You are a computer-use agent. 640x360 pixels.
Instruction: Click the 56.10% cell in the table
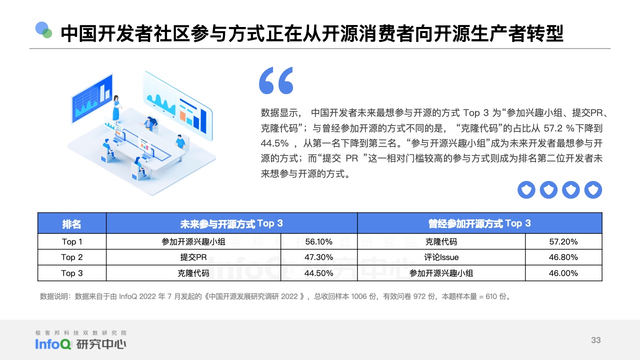point(318,241)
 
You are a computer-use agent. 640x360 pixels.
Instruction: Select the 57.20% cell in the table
point(563,241)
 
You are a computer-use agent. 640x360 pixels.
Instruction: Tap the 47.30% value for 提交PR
point(318,257)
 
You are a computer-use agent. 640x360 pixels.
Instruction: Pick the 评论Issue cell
point(441,257)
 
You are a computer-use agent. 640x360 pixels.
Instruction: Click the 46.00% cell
point(563,273)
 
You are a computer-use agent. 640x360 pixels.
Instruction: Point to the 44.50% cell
point(318,273)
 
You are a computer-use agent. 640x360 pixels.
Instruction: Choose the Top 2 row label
point(71,257)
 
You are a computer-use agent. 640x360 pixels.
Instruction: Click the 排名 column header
point(71,223)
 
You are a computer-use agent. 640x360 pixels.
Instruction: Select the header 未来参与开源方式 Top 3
point(231,223)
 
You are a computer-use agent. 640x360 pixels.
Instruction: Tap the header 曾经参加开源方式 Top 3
point(479,223)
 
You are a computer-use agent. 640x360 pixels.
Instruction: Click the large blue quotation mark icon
point(276,80)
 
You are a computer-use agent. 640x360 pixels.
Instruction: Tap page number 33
point(595,340)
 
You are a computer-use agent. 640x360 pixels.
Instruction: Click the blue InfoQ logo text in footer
point(53,344)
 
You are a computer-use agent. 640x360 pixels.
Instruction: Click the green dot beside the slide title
point(47,33)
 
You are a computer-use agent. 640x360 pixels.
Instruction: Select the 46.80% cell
point(563,257)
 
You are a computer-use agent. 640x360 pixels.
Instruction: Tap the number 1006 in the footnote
point(358,296)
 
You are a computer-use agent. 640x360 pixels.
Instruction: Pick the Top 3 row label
point(71,273)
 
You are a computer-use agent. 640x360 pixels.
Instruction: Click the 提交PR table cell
point(193,257)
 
